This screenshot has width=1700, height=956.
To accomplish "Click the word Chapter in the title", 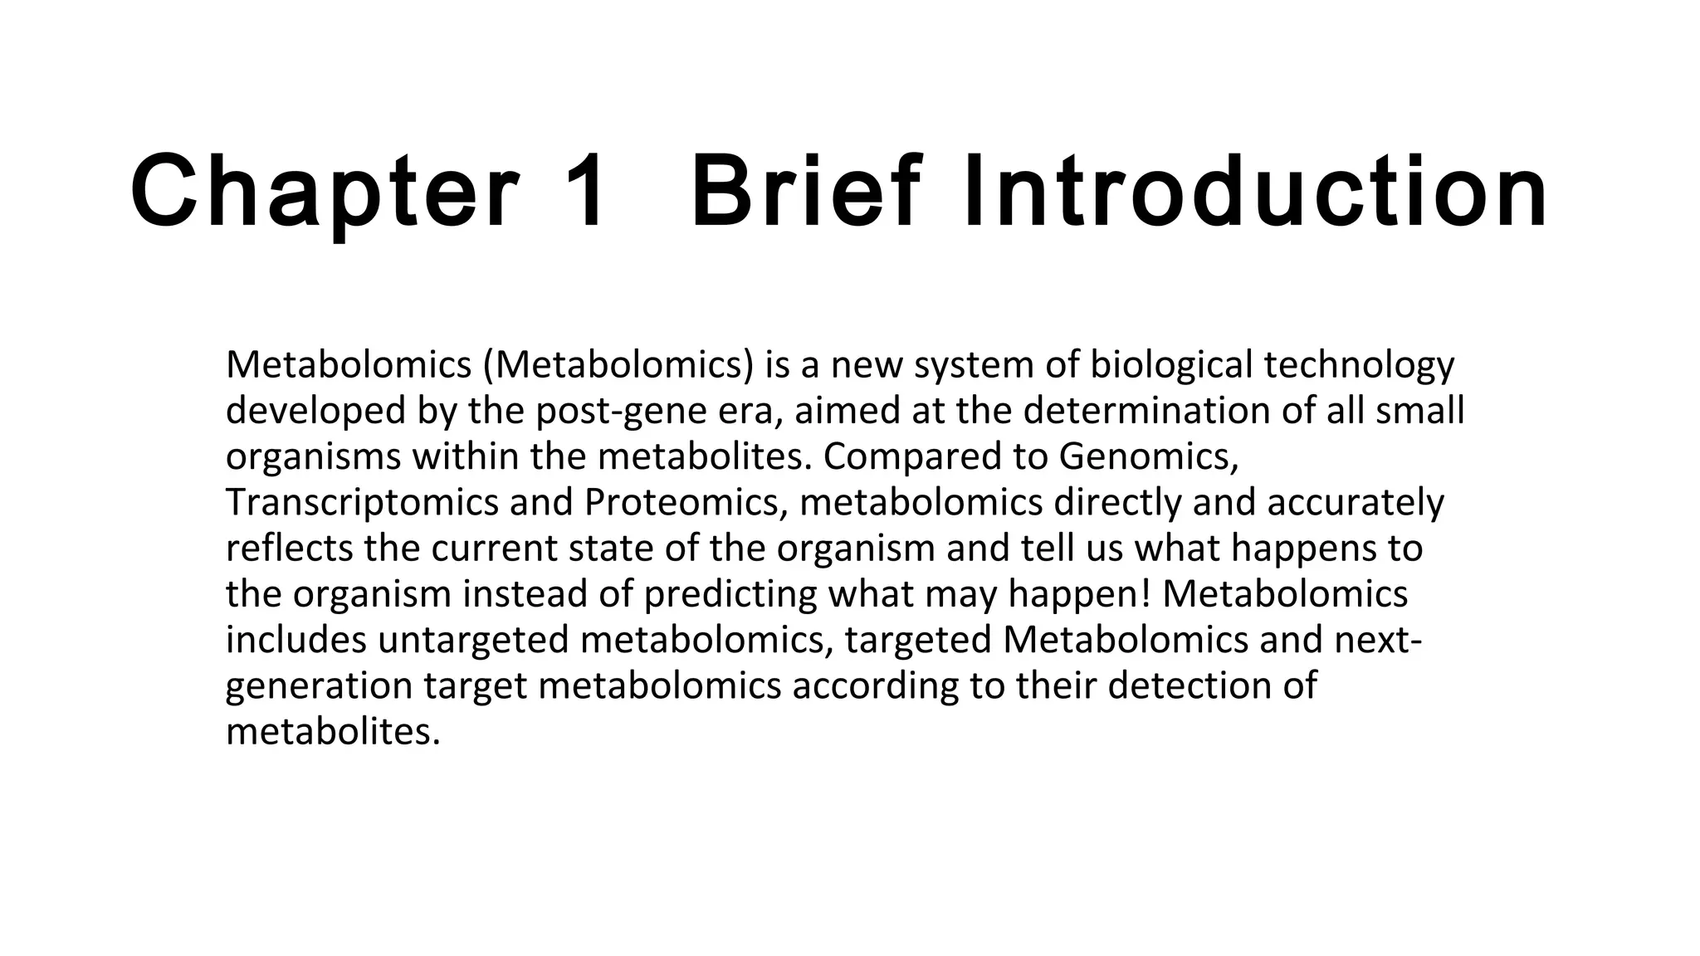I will [325, 193].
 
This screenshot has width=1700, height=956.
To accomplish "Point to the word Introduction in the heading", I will [1255, 193].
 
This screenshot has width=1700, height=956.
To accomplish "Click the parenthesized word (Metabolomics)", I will [618, 365].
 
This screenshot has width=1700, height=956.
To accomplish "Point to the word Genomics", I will [1149, 457].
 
